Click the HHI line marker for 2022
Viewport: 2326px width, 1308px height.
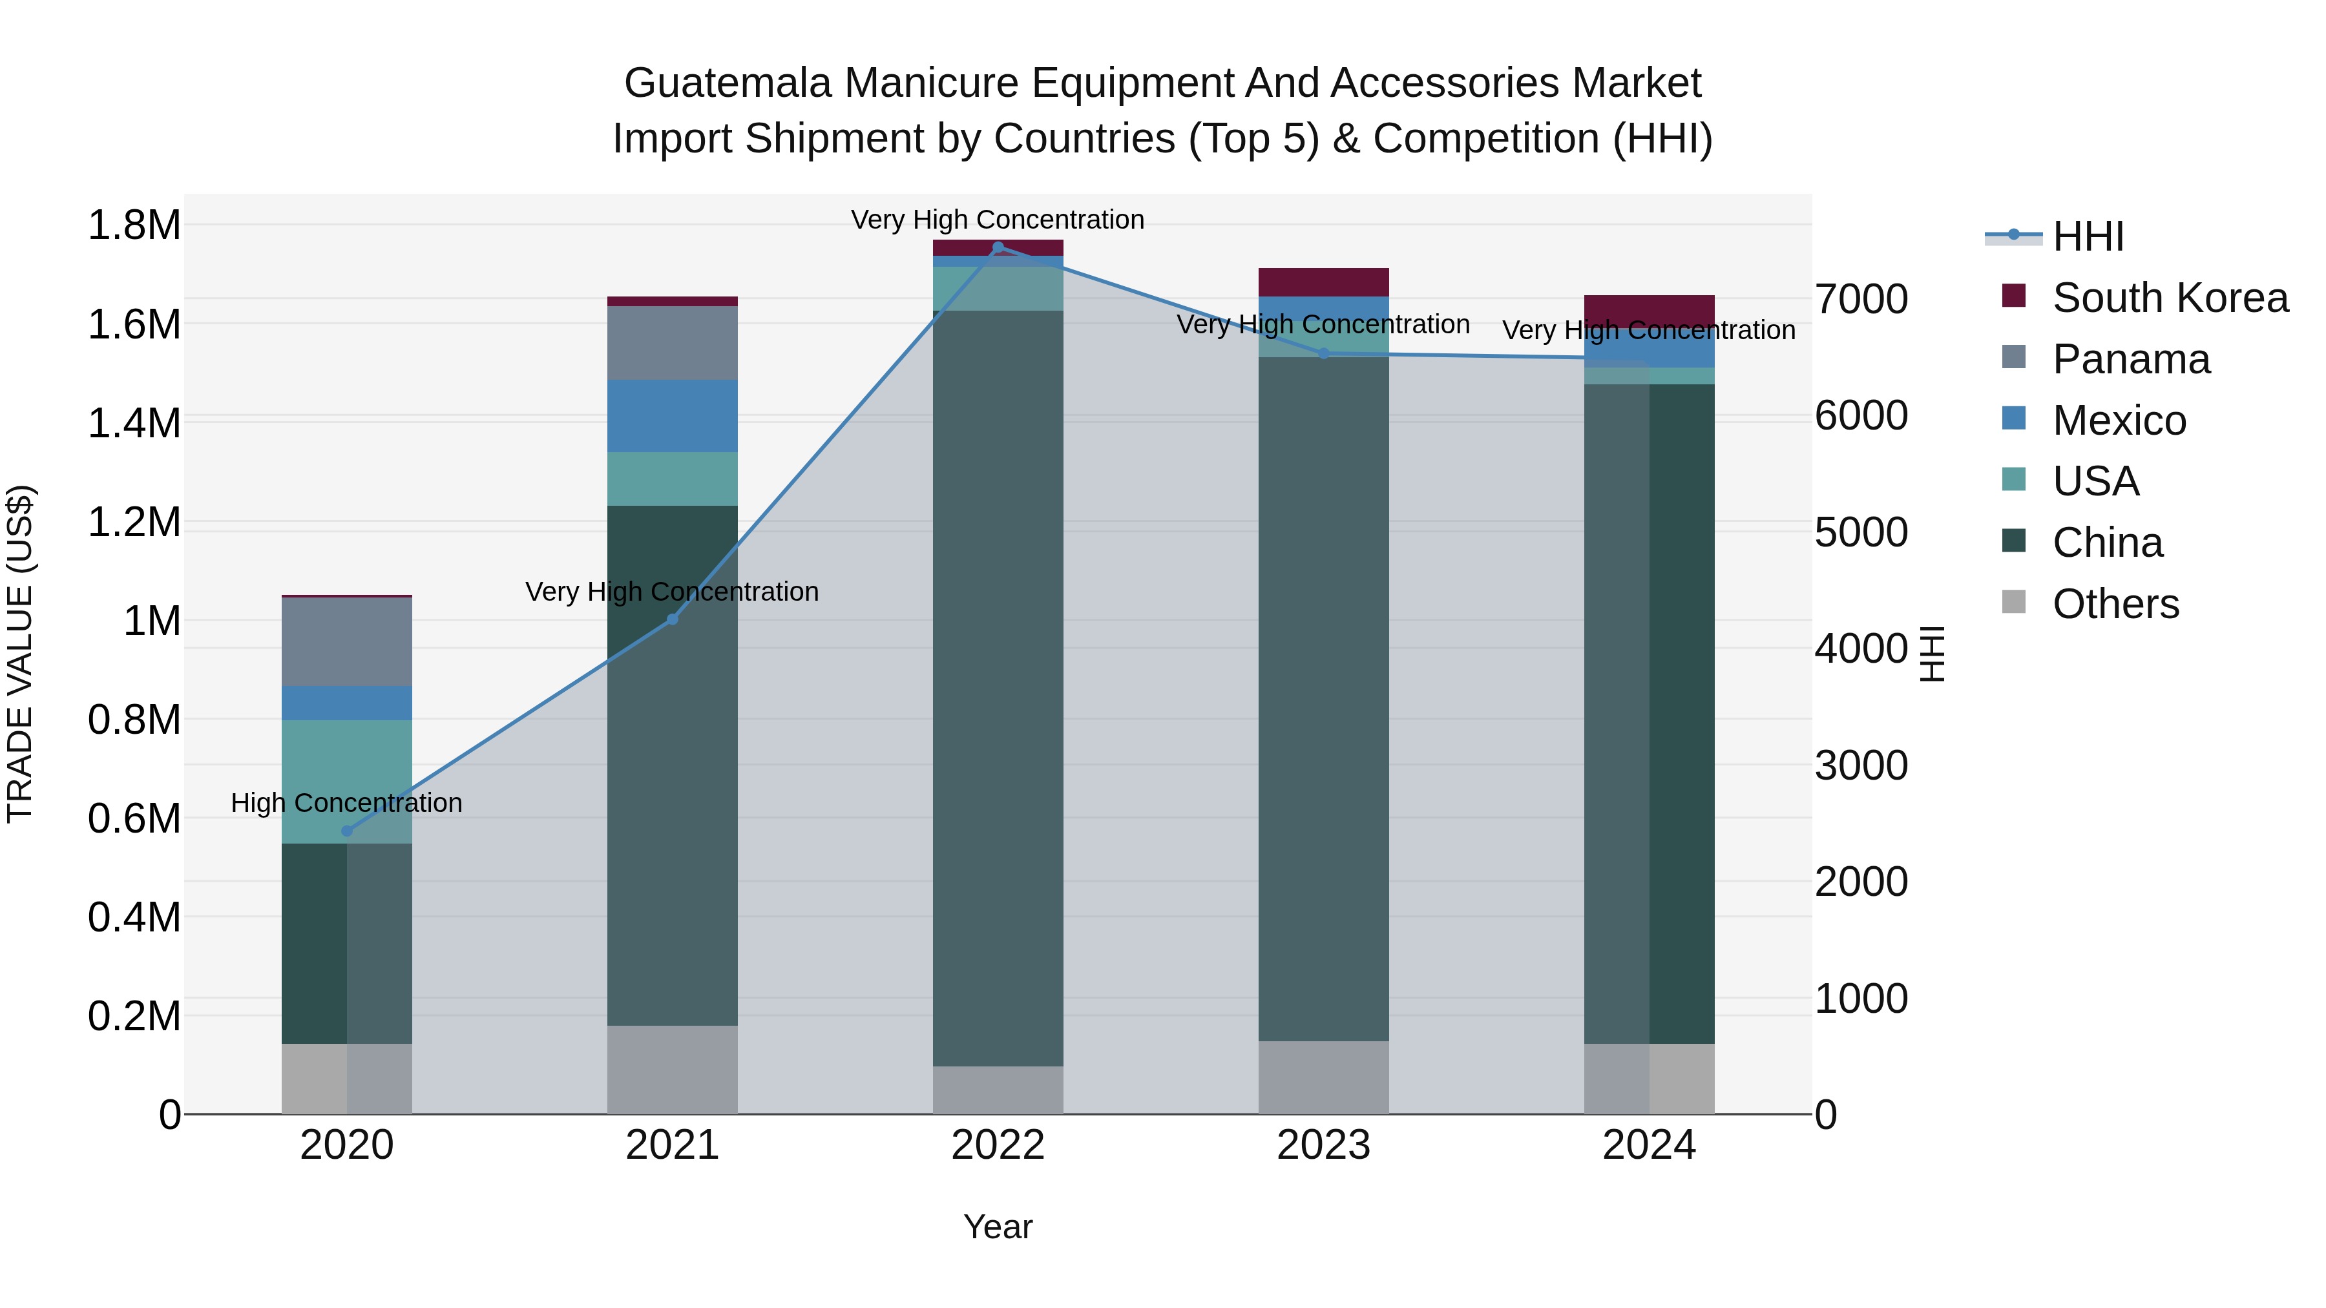(998, 247)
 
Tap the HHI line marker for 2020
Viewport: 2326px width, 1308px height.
(347, 831)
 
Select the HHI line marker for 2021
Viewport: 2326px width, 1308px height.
(672, 619)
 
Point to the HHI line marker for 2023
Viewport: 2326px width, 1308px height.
(1324, 354)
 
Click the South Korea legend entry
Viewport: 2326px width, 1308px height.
(2169, 298)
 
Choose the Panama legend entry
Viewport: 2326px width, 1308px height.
(2131, 359)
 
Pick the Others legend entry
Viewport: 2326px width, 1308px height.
(2115, 604)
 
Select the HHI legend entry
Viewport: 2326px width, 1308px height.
(2088, 236)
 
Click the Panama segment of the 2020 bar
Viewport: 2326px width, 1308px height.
(347, 642)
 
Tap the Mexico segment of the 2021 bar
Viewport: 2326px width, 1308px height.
(672, 416)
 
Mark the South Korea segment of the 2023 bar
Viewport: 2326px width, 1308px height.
(1324, 282)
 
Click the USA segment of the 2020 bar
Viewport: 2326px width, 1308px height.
(347, 782)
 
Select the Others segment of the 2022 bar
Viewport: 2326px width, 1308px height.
(998, 1090)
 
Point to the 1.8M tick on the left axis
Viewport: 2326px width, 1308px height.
(134, 225)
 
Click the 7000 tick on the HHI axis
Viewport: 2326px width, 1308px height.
(1862, 300)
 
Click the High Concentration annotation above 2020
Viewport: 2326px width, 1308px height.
(347, 802)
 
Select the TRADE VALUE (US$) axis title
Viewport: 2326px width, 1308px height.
(20, 654)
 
